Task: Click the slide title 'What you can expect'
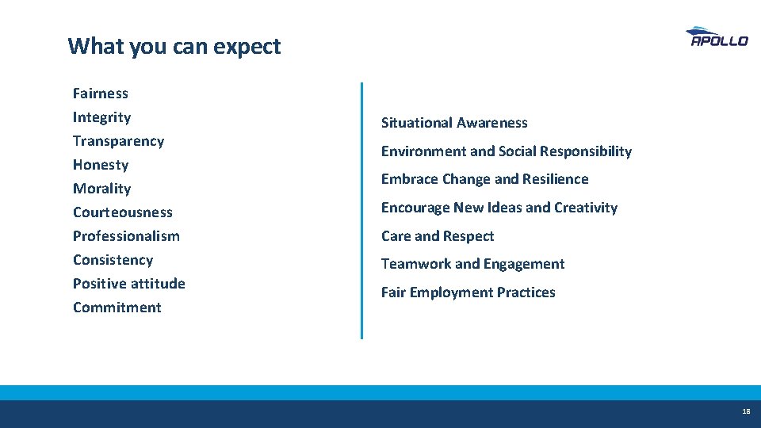click(174, 46)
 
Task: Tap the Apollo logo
click(717, 37)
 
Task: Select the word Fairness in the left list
click(101, 94)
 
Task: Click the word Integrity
click(102, 117)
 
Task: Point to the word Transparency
click(119, 141)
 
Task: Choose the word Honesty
click(101, 165)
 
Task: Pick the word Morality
click(102, 189)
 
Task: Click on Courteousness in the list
click(123, 212)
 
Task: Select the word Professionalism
click(127, 236)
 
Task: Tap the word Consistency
click(113, 260)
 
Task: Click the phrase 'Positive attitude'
click(129, 284)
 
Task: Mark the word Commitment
click(117, 308)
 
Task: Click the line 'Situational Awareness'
click(454, 123)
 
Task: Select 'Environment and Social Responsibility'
click(507, 151)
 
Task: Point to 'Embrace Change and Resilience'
click(485, 179)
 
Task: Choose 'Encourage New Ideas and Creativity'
click(499, 208)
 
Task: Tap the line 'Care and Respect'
click(438, 236)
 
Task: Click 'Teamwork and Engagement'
click(473, 264)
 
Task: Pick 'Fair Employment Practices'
click(468, 292)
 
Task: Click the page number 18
click(746, 412)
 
